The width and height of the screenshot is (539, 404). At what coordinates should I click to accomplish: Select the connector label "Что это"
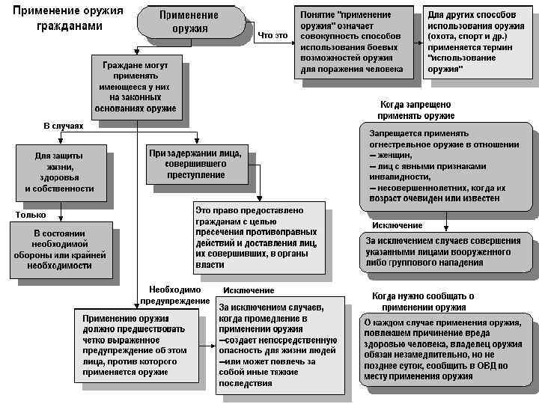click(x=272, y=35)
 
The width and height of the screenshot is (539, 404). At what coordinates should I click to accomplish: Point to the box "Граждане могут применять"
click(x=135, y=87)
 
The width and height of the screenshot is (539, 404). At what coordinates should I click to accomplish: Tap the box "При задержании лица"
click(x=196, y=163)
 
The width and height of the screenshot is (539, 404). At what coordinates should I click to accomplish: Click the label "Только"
click(x=31, y=215)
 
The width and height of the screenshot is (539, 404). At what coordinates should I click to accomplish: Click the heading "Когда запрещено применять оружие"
click(x=415, y=111)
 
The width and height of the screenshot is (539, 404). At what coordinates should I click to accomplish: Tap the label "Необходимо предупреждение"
click(x=175, y=295)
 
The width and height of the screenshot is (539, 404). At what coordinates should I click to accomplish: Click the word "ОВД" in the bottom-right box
click(x=489, y=366)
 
